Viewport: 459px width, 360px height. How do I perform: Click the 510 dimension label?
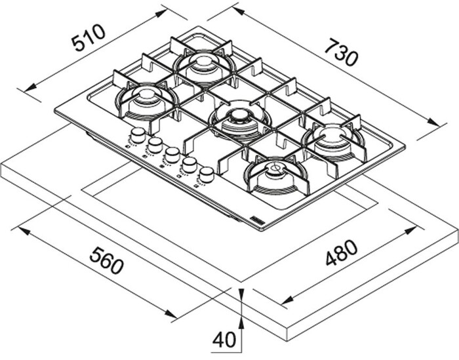pyautogui.click(x=89, y=37)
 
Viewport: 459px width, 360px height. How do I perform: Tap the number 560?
pyautogui.click(x=106, y=260)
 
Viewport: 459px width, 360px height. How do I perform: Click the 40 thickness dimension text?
pyautogui.click(x=224, y=339)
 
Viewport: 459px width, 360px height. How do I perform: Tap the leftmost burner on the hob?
pyautogui.click(x=147, y=100)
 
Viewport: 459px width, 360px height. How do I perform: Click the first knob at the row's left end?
pyautogui.click(x=138, y=135)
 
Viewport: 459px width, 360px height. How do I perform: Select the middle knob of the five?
pyautogui.click(x=172, y=155)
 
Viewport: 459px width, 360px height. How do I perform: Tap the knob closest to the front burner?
pyautogui.click(x=207, y=174)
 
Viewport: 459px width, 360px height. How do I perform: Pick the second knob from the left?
pyautogui.click(x=155, y=145)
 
